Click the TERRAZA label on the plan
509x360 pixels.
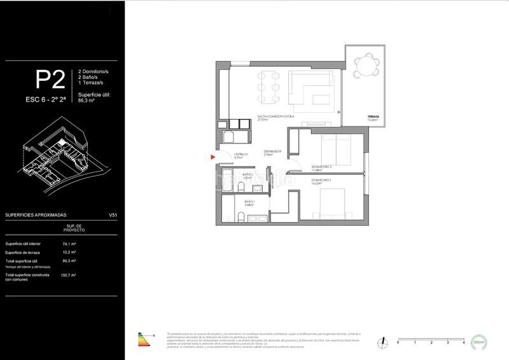[x=373, y=117]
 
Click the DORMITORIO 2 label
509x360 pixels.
[x=323, y=167]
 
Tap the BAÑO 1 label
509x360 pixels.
[x=249, y=200]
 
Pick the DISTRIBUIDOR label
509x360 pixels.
[x=273, y=151]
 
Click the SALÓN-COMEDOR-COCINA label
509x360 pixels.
[x=275, y=117]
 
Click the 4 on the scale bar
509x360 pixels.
[x=464, y=343]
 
